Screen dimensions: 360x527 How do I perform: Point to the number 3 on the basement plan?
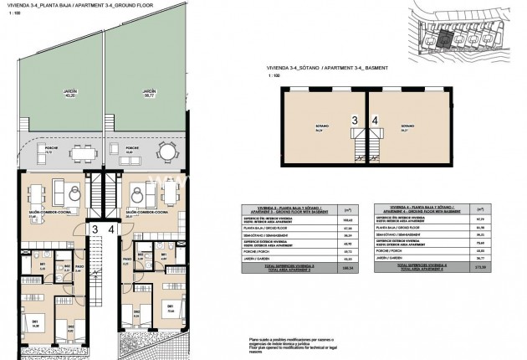354,121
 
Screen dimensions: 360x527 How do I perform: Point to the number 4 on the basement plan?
375,121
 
